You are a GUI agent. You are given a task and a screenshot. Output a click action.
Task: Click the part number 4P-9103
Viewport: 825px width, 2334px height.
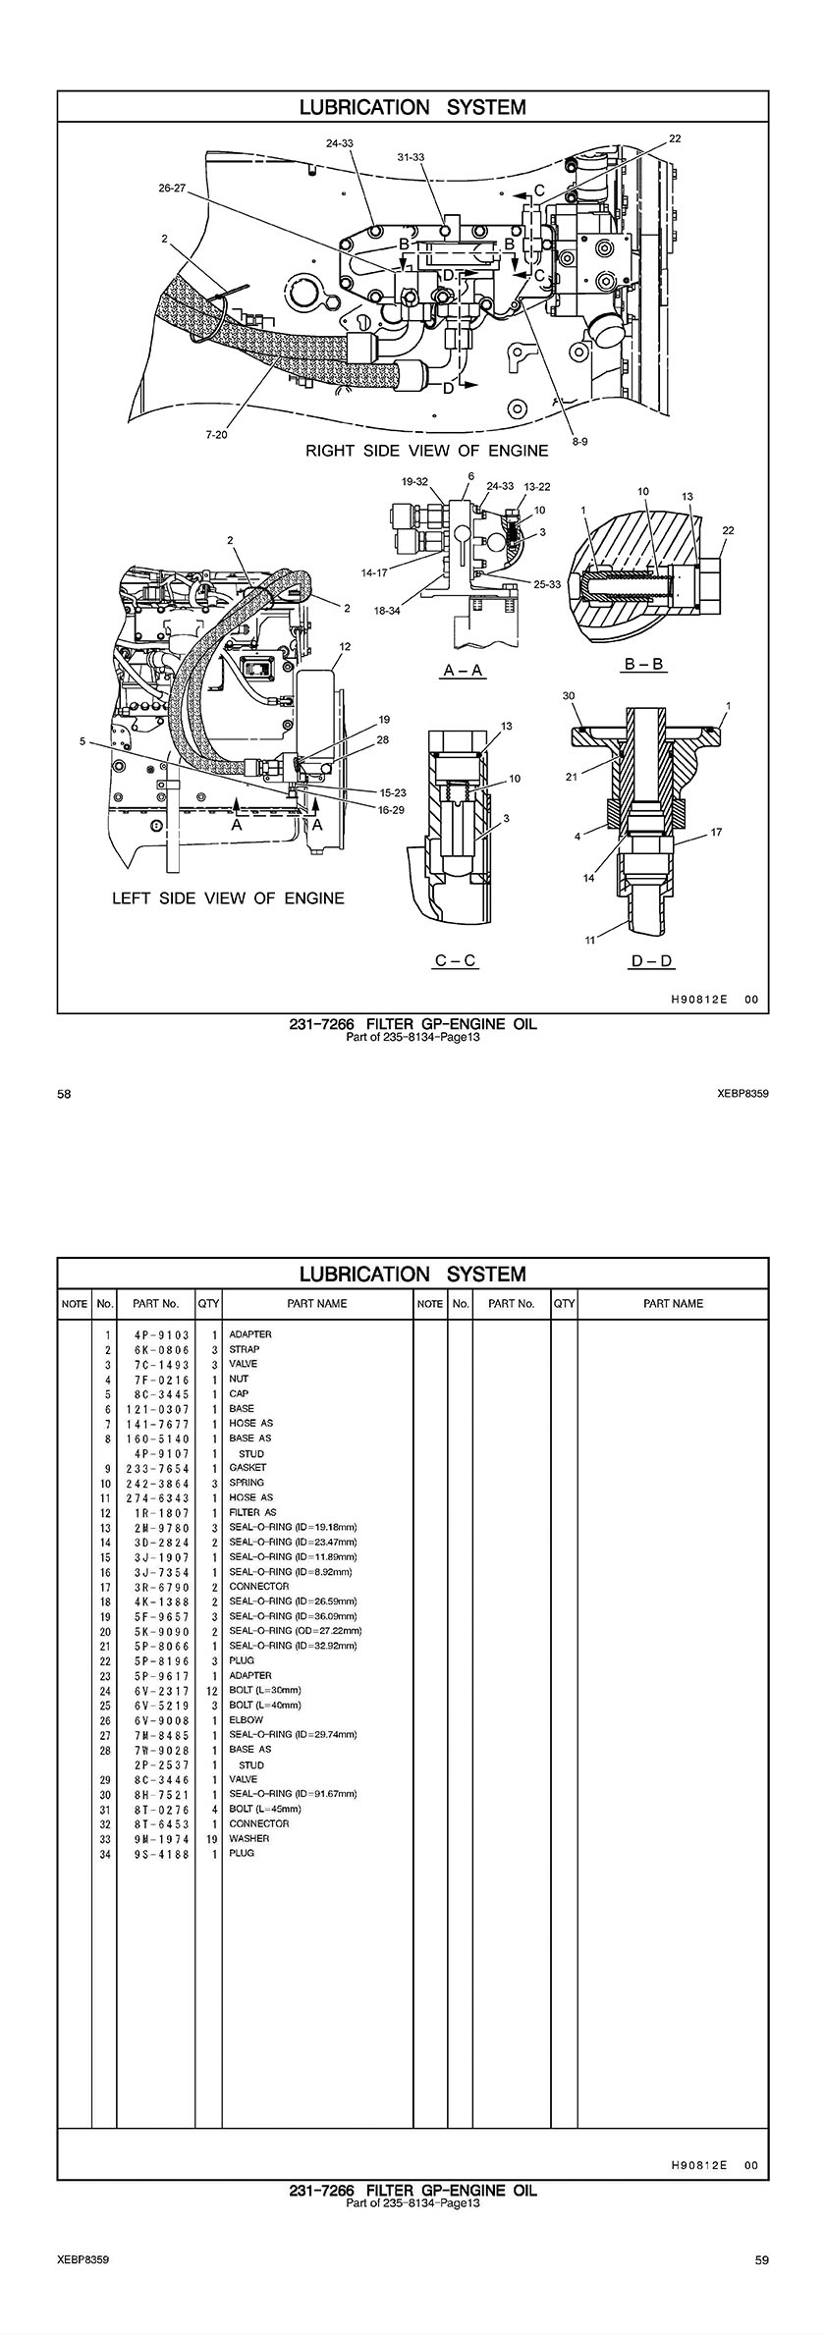coord(161,1334)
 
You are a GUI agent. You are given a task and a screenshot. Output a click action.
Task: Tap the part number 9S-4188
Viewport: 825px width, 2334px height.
coord(161,1853)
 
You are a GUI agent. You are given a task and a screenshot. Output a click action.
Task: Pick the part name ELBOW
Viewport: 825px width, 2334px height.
coord(247,1720)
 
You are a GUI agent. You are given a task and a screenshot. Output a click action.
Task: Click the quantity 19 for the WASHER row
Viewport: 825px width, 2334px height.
coord(212,1838)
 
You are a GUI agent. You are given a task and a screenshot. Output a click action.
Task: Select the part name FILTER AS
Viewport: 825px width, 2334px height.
coord(252,1512)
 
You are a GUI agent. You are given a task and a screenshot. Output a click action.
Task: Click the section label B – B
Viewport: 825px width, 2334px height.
coord(645,665)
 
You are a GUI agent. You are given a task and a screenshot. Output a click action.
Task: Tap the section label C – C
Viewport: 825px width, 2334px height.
coord(455,960)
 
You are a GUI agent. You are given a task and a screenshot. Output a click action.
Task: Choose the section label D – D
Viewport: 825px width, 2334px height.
coord(652,960)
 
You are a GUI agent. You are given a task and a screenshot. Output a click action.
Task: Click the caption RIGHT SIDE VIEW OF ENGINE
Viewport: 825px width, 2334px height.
coord(427,451)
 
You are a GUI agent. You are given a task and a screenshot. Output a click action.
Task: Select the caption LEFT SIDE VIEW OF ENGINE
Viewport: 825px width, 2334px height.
coord(228,897)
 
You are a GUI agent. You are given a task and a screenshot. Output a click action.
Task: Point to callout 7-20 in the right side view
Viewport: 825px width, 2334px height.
coord(216,435)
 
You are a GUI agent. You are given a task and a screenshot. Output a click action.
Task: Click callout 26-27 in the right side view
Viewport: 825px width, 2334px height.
coord(172,188)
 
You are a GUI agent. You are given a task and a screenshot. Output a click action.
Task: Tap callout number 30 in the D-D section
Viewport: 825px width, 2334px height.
coord(569,695)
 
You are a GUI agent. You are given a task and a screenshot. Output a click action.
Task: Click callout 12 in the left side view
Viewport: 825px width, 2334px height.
coord(346,647)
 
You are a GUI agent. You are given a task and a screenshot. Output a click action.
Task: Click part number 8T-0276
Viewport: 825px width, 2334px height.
coord(161,1809)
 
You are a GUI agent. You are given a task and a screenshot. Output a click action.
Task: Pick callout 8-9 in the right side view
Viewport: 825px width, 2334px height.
coord(579,443)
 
